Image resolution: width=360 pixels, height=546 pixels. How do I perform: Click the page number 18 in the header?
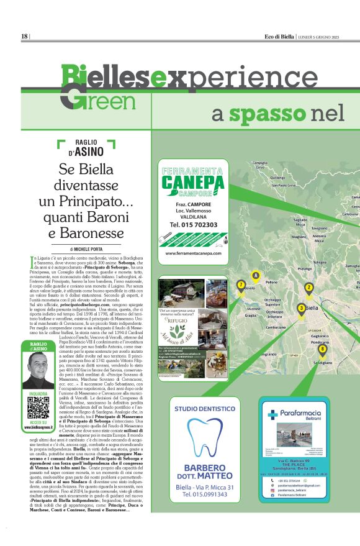(x=25, y=36)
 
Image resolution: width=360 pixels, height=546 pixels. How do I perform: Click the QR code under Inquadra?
(x=38, y=406)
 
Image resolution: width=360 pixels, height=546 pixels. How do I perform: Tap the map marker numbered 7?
(x=241, y=285)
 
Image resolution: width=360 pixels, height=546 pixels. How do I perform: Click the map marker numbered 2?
(x=308, y=287)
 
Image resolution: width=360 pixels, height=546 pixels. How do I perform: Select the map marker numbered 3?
(x=301, y=307)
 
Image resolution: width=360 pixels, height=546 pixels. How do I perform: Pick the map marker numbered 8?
(x=322, y=349)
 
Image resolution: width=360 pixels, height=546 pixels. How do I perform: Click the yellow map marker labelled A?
(x=254, y=275)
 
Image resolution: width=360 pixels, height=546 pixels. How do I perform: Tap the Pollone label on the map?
(x=271, y=282)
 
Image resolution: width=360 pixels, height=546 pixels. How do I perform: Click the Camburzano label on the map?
(x=276, y=326)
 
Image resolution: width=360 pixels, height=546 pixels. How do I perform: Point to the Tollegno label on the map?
(x=320, y=262)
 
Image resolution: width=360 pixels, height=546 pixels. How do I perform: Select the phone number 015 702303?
(x=193, y=224)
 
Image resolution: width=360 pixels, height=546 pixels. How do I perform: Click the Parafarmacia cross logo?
(x=271, y=415)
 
